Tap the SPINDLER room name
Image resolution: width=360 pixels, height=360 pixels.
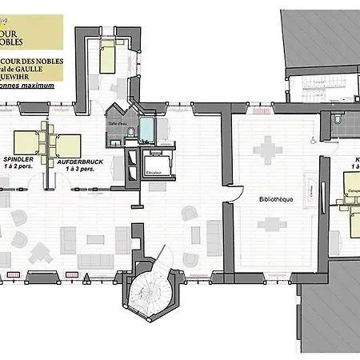tap(22, 159)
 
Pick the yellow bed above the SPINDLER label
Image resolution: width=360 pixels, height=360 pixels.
tap(26, 141)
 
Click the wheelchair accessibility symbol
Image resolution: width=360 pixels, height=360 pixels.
tap(314, 138)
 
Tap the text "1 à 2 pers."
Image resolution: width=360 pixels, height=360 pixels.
tap(22, 166)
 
